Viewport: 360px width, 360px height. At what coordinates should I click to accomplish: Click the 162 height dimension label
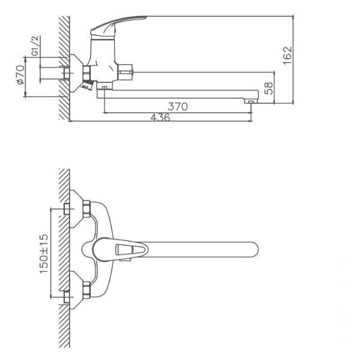pos(287,56)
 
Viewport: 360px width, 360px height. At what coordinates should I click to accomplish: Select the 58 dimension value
pos(269,88)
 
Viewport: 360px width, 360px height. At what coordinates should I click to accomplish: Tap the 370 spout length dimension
pos(178,107)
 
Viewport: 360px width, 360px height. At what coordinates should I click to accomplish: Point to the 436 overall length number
pos(160,118)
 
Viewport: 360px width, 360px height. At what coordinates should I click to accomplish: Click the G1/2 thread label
pos(35,46)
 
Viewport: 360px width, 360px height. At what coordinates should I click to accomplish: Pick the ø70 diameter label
pos(20,74)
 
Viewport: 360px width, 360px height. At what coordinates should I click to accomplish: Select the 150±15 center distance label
pos(44,254)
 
